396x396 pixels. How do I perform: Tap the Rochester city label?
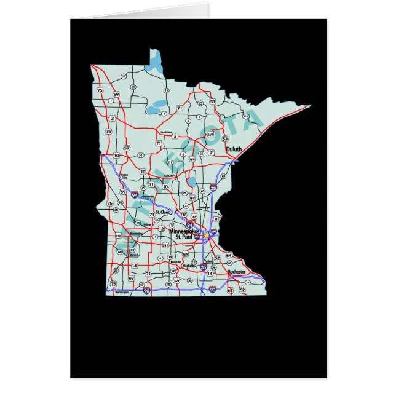click(237, 271)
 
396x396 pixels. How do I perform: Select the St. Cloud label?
click(163, 212)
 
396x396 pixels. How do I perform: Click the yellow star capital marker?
click(207, 235)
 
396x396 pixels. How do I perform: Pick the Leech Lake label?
click(165, 132)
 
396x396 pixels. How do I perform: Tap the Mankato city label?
click(188, 266)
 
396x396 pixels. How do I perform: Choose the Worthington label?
click(122, 293)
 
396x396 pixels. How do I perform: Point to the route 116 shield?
click(245, 115)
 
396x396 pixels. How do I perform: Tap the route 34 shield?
click(140, 155)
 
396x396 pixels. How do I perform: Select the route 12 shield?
click(161, 228)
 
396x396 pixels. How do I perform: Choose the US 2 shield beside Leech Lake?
click(175, 136)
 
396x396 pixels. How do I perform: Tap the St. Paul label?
click(184, 237)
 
